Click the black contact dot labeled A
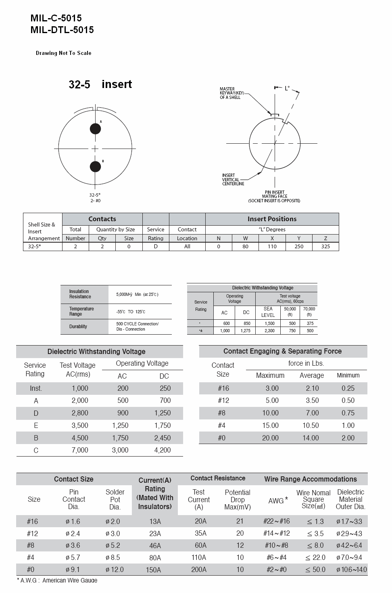coord(95,129)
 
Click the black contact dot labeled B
coord(95,166)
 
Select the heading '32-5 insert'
coord(100,84)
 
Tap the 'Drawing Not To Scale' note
coord(63,53)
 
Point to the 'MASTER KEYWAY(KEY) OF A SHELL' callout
coord(230,93)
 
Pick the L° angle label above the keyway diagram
coord(287,88)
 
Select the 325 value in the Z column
coord(325,246)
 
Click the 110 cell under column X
coord(272,246)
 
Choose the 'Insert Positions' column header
coord(272,219)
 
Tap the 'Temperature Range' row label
coord(81,311)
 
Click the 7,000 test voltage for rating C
coord(80,450)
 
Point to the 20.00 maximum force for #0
coord(270,438)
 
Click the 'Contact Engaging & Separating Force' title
coord(282,351)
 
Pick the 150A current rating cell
coord(155,570)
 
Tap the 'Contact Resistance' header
coord(218,478)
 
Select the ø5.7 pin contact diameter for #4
coord(73,557)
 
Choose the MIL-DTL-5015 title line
coord(62,30)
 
